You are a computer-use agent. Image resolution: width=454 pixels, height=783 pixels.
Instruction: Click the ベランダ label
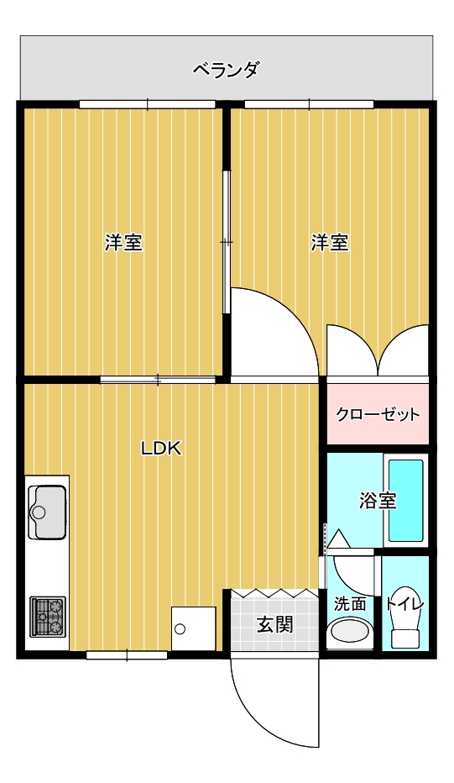click(226, 70)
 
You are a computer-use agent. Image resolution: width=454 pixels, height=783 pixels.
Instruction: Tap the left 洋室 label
click(123, 242)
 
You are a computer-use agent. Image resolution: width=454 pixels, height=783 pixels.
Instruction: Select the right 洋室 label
click(330, 242)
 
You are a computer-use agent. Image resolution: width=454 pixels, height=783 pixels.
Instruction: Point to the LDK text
click(161, 449)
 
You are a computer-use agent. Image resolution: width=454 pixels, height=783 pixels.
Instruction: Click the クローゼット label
click(378, 414)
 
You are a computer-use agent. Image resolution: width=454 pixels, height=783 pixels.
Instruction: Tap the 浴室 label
click(378, 501)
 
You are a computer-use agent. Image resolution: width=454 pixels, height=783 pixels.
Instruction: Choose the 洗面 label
click(350, 604)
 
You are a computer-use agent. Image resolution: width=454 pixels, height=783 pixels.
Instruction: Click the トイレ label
click(404, 604)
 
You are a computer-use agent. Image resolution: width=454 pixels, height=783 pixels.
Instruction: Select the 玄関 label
click(275, 624)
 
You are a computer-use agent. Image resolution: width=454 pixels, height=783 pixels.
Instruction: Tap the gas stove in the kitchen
click(48, 617)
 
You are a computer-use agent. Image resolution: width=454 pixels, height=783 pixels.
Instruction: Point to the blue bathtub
click(406, 501)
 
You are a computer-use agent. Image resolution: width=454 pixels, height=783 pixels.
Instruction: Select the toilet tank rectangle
click(404, 639)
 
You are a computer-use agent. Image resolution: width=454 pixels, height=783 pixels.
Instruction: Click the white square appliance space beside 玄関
click(194, 628)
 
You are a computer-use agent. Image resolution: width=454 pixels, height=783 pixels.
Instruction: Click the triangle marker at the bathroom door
click(339, 539)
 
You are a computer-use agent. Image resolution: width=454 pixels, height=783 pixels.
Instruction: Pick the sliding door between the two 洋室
click(227, 242)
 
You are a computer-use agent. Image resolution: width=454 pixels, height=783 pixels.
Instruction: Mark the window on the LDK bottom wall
click(127, 654)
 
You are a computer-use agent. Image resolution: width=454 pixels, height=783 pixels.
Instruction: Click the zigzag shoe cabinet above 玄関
click(275, 593)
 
